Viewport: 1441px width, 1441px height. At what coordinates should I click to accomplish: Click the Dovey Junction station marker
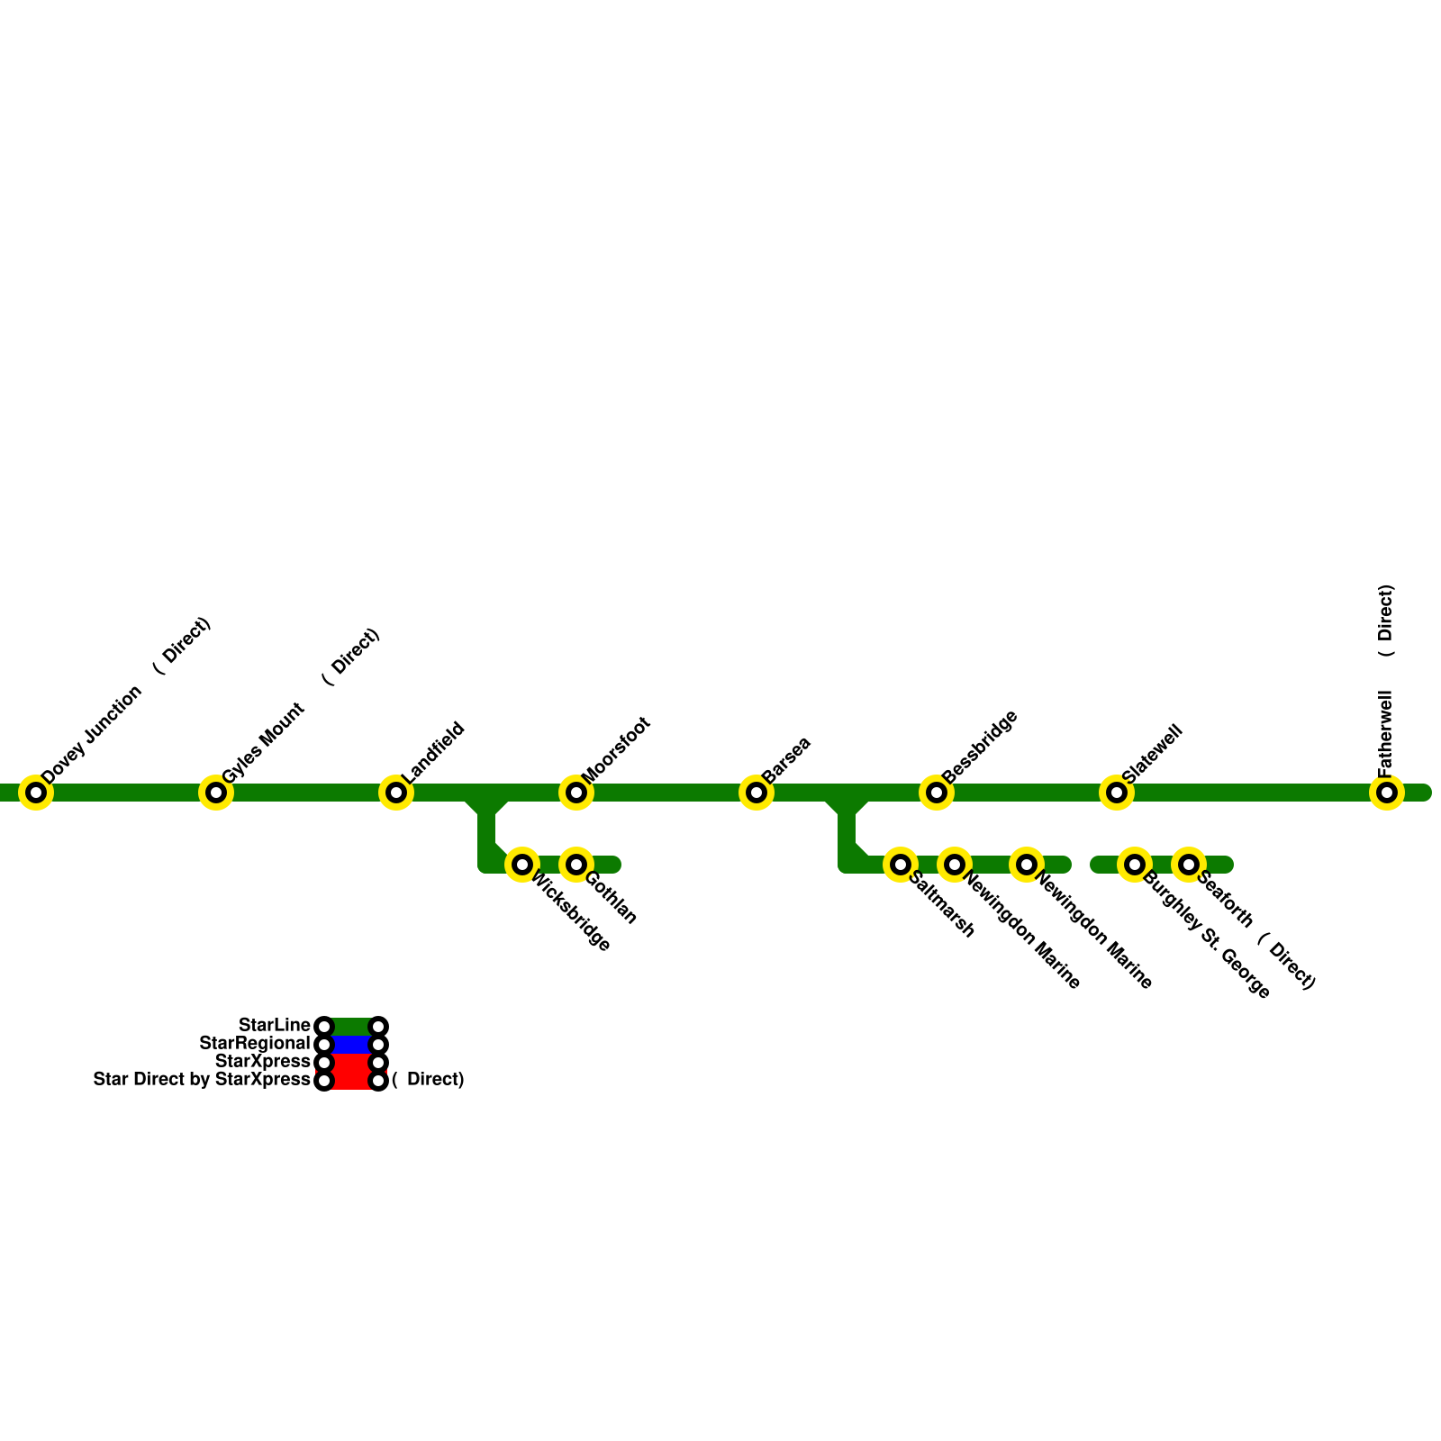coord(36,793)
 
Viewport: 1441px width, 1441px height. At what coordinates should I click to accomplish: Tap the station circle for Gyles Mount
coord(216,793)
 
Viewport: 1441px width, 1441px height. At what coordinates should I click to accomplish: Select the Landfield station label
coord(433,752)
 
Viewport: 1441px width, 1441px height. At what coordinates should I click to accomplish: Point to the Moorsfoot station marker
coord(576,793)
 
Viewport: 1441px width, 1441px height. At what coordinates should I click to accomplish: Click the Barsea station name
coord(786,759)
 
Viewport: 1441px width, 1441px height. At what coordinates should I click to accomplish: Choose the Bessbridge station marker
coord(937,793)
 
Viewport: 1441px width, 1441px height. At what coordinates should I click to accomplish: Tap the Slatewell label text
coord(1151,754)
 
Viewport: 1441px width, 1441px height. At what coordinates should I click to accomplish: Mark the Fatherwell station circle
coord(1387,793)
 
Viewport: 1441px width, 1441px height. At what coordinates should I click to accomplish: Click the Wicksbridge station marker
coord(522,865)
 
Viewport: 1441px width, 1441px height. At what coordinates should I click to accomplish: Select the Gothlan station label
coord(612,897)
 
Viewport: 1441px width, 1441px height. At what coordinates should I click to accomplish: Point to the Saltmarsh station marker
coord(901,865)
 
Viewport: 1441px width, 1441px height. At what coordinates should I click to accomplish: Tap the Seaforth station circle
coord(1189,865)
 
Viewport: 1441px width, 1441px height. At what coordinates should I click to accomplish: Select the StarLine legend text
coord(274,1026)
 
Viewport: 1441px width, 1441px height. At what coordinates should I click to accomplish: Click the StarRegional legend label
coord(254,1044)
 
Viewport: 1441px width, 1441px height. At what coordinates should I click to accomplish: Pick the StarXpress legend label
coord(262,1062)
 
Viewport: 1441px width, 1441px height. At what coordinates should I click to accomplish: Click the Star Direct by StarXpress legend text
coord(202,1080)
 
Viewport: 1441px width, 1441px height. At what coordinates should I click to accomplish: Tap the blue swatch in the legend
coord(351,1045)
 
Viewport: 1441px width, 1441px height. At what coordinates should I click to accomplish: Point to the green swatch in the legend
coord(351,1027)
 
